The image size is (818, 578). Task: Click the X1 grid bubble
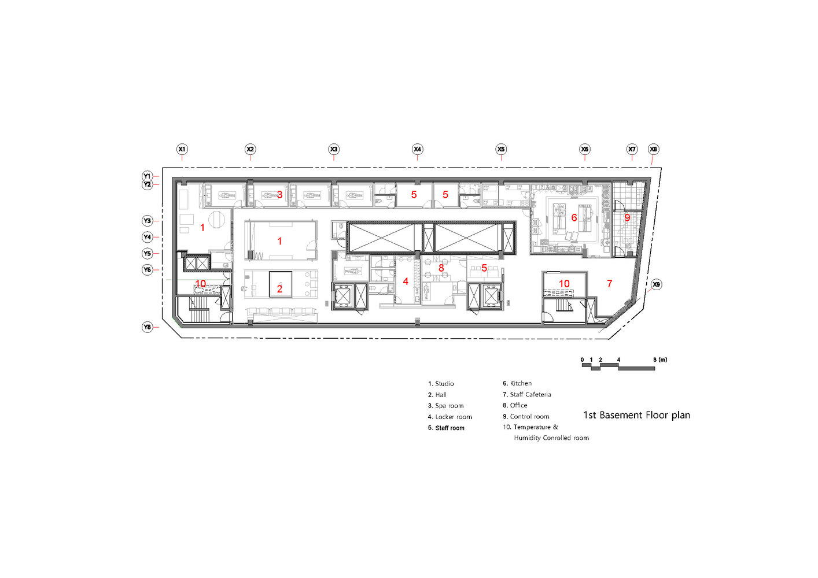[182, 149]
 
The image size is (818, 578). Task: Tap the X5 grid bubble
[501, 149]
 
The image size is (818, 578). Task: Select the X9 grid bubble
[656, 284]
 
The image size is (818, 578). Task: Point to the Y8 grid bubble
[148, 327]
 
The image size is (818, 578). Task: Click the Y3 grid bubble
[148, 221]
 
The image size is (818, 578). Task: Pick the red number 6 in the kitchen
[574, 218]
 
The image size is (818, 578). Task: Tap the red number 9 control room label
[627, 218]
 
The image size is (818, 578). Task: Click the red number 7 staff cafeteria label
[609, 284]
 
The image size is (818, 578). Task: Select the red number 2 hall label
[279, 289]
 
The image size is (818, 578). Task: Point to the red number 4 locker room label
[406, 281]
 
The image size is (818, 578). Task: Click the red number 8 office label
[441, 268]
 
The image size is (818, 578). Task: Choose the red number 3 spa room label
[279, 195]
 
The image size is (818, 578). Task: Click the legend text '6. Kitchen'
[517, 383]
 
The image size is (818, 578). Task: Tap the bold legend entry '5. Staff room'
[446, 428]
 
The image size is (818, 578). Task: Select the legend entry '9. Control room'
[526, 416]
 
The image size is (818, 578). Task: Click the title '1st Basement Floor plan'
[636, 415]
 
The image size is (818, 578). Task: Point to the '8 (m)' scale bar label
[660, 360]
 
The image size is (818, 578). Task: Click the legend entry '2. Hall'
[437, 395]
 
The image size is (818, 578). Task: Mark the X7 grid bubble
[632, 149]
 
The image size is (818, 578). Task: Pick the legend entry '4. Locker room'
[450, 417]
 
